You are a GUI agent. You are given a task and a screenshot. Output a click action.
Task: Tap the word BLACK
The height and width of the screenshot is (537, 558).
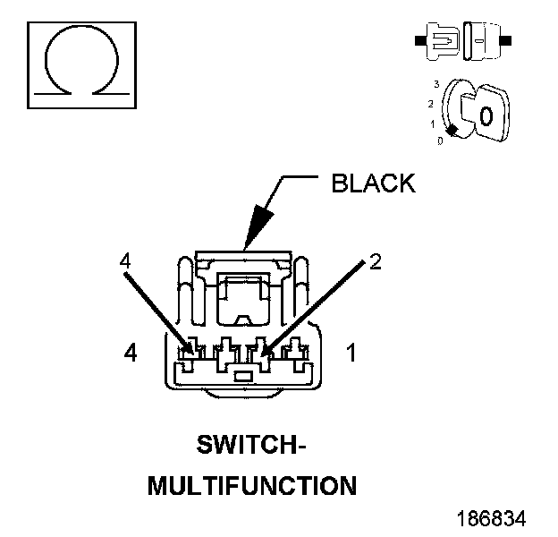coord(373,183)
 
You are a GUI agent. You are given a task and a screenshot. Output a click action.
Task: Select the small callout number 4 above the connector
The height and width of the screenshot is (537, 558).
coord(125,260)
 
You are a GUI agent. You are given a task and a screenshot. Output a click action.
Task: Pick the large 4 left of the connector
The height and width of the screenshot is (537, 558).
coord(131,354)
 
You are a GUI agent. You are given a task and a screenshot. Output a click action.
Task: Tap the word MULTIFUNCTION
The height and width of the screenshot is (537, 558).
coord(251,486)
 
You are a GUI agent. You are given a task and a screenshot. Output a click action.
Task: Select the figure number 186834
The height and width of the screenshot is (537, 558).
coord(491,518)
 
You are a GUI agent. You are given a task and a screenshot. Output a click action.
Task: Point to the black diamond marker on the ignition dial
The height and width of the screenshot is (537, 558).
coord(453,132)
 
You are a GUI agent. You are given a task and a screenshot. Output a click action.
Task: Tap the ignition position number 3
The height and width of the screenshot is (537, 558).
coord(435,84)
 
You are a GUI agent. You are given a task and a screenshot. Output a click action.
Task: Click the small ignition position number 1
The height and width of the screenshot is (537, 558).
coord(433,124)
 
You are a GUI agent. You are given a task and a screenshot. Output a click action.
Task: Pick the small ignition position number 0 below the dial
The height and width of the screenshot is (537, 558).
coord(440,141)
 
